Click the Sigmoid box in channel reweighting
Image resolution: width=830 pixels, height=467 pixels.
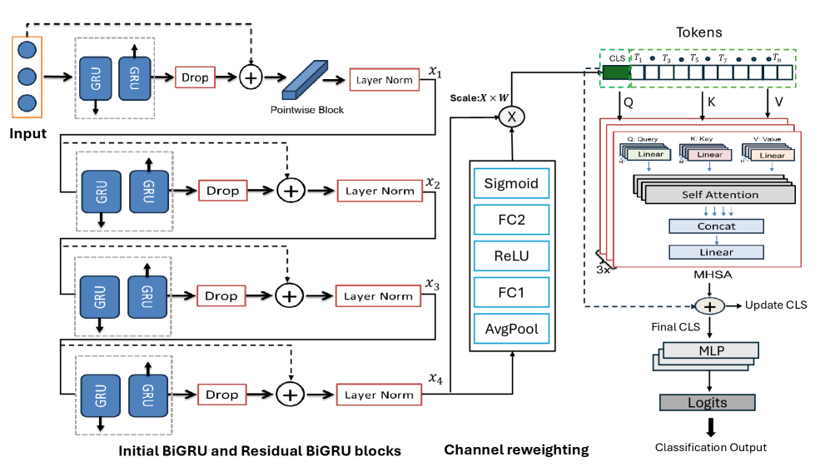[511, 183]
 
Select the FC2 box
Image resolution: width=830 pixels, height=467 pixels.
[511, 220]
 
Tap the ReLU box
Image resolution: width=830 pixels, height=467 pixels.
[511, 256]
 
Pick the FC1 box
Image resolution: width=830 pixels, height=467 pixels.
[511, 292]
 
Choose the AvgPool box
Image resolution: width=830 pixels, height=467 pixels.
[511, 329]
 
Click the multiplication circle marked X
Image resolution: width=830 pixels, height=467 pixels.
[511, 117]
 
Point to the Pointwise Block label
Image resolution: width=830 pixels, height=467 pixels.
[306, 110]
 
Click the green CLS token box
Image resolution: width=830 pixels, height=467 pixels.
[616, 72]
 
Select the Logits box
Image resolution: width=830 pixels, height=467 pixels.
[707, 403]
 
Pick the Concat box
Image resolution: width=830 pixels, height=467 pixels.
[716, 226]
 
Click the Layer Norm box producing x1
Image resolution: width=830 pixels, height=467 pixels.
[385, 80]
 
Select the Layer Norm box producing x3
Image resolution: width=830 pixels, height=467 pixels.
[378, 296]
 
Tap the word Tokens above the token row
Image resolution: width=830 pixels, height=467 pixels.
[698, 32]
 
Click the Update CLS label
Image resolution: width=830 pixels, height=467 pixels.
[775, 305]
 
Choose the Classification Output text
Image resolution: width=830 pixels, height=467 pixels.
[710, 448]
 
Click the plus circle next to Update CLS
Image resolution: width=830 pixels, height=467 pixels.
[709, 306]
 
